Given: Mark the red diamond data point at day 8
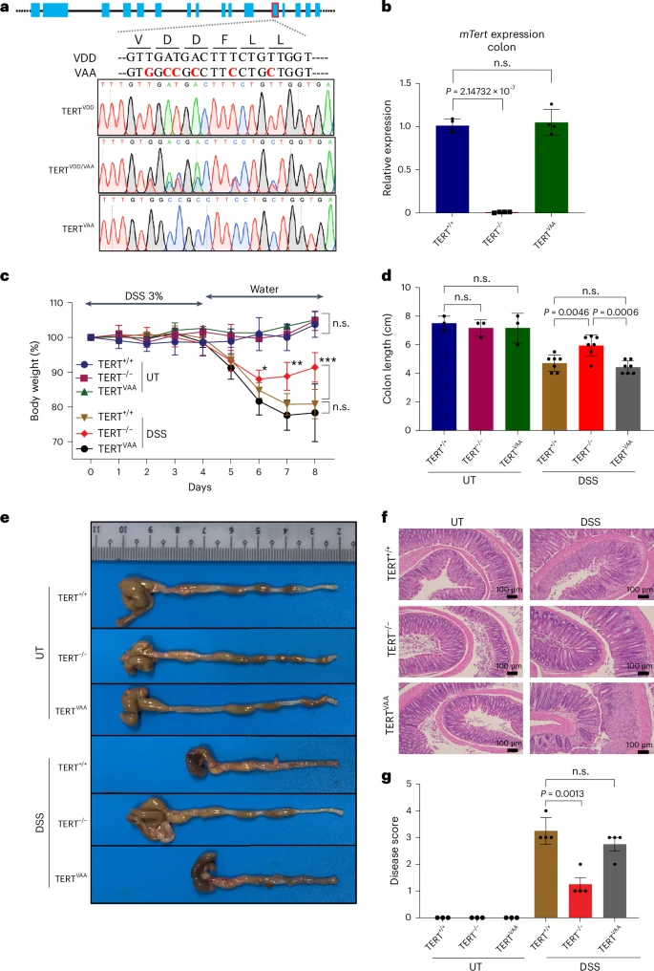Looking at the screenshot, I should point(314,367).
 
